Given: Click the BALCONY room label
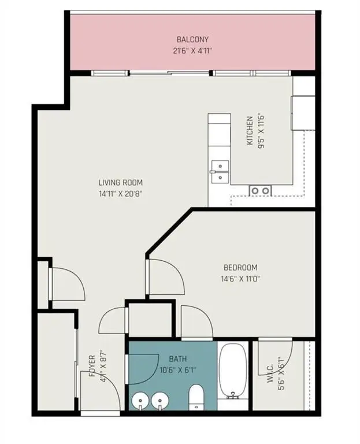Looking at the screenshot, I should (x=192, y=39).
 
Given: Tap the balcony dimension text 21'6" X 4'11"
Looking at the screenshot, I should (x=192, y=50).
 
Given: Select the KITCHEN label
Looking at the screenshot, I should (x=250, y=131).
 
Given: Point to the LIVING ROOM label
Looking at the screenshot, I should (x=120, y=183).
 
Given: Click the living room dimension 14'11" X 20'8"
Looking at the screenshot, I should (x=120, y=194).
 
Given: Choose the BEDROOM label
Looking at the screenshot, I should (x=240, y=268).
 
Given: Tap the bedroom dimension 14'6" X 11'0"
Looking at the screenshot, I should (x=240, y=279).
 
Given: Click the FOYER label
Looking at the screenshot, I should (x=92, y=366).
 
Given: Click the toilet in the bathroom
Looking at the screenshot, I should (x=196, y=397).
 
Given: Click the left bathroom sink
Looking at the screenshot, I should (x=139, y=399).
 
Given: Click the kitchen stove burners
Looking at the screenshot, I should (x=260, y=190).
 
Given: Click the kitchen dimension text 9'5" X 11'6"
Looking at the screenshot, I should (x=261, y=131).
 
